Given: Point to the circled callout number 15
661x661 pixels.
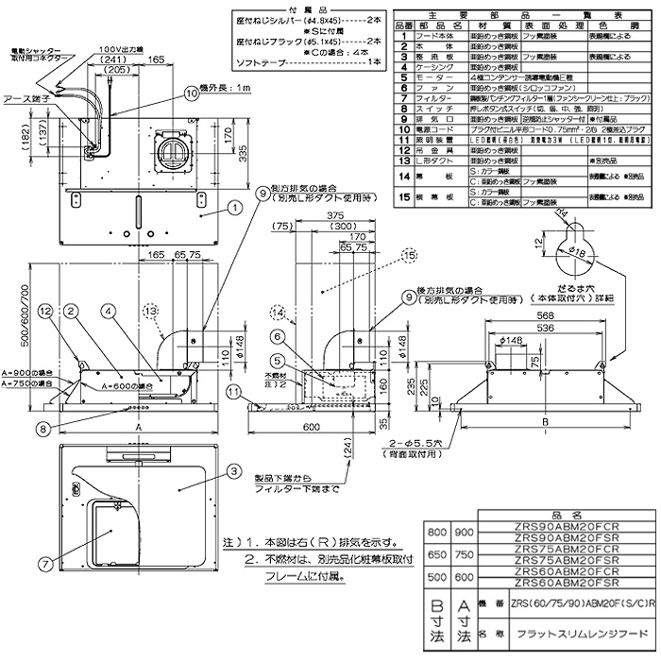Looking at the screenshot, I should tap(408, 229).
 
